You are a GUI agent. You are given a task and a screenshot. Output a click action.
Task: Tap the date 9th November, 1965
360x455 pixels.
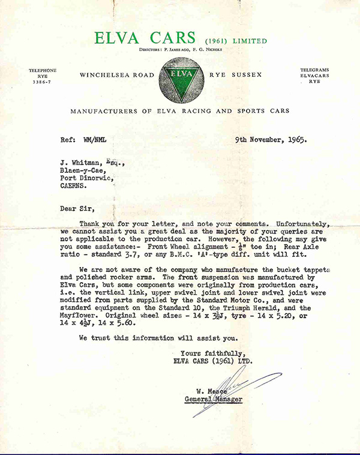(x=271, y=142)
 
